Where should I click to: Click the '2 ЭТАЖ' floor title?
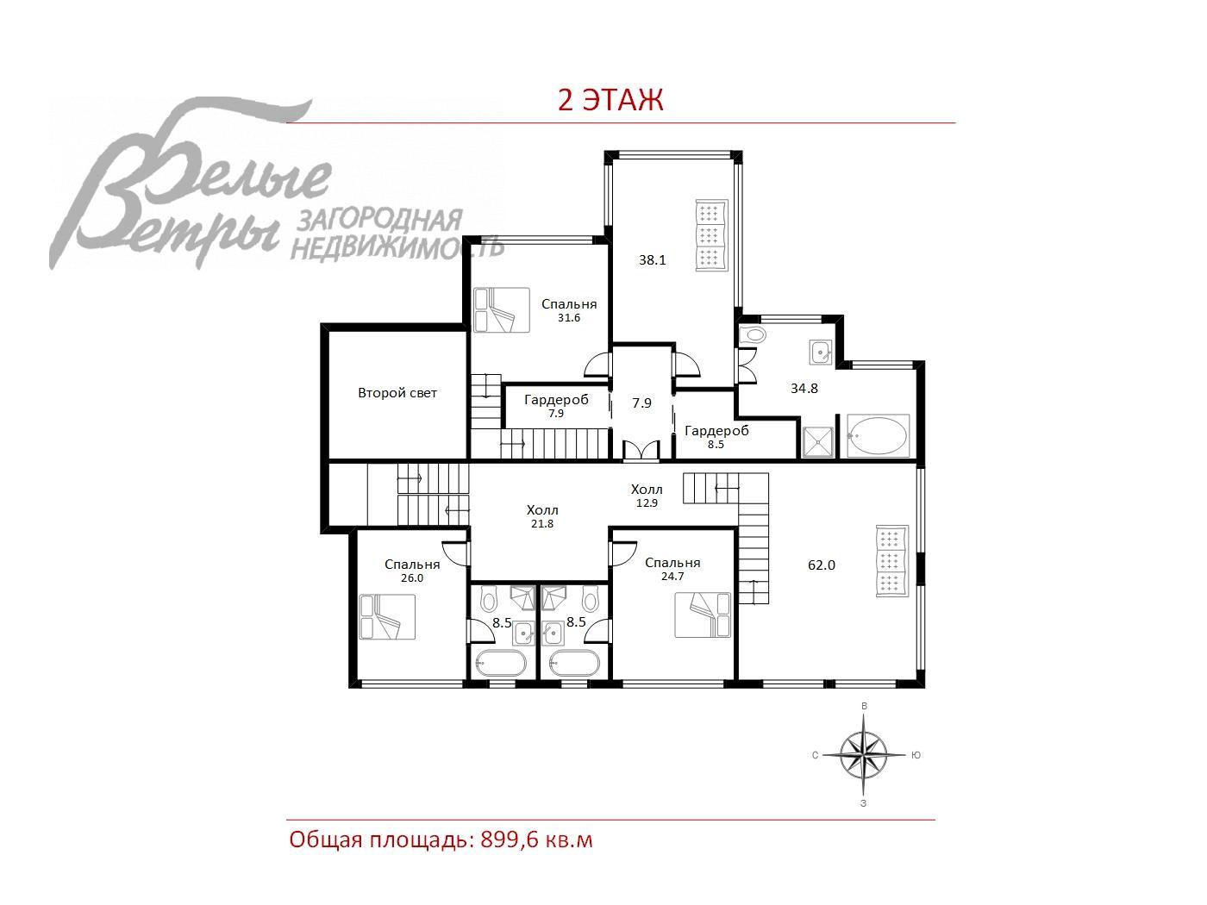click(x=610, y=100)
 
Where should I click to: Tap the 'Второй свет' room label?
click(x=397, y=393)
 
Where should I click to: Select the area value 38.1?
click(x=652, y=260)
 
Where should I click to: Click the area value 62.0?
click(x=822, y=565)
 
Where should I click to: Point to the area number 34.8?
click(x=804, y=388)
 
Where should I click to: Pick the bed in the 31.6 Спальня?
click(x=502, y=310)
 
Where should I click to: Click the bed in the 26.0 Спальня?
click(x=387, y=616)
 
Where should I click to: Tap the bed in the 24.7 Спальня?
click(x=703, y=615)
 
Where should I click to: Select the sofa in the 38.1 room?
click(x=711, y=235)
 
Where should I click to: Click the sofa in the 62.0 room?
click(x=892, y=561)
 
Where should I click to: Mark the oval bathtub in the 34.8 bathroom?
click(x=877, y=436)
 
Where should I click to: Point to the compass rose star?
click(x=864, y=755)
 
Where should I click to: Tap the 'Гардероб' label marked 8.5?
click(x=716, y=431)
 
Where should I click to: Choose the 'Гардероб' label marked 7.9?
click(x=556, y=399)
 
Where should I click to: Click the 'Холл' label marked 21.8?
click(x=542, y=510)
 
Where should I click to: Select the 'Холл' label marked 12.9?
click(x=647, y=489)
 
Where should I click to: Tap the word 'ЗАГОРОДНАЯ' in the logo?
click(x=379, y=222)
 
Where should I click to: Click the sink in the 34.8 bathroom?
click(x=821, y=353)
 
